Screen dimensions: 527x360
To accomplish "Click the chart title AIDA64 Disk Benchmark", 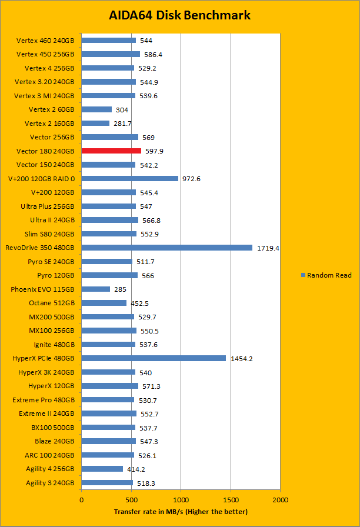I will pyautogui.click(x=179, y=15).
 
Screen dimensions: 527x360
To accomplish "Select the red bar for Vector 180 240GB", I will pyautogui.click(x=111, y=151).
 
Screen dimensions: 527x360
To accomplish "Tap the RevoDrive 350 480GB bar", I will pyautogui.click(x=166, y=248).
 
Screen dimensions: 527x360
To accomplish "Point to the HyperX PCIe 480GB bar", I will pyautogui.click(x=154, y=358).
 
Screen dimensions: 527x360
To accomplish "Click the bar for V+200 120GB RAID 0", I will pyautogui.click(x=129, y=178).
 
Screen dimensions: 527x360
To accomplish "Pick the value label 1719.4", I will pyautogui.click(x=268, y=248).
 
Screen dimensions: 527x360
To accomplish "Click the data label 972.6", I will pyautogui.click(x=192, y=179).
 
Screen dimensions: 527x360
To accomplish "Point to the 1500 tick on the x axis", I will pyautogui.click(x=231, y=499).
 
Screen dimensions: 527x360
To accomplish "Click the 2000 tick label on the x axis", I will pyautogui.click(x=280, y=499).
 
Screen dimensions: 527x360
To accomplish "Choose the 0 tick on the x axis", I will pyautogui.click(x=82, y=499).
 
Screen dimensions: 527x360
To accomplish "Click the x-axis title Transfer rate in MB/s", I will pyautogui.click(x=181, y=512).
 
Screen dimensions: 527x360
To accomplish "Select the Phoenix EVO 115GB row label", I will pyautogui.click(x=42, y=289).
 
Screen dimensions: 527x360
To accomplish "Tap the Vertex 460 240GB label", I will pyautogui.click(x=45, y=41).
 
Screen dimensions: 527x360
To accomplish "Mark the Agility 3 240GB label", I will pyautogui.click(x=50, y=483).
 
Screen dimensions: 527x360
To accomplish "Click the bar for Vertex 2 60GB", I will pyautogui.click(x=96, y=109).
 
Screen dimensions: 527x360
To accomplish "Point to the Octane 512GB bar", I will pyautogui.click(x=104, y=303).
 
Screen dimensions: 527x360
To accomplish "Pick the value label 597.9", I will pyautogui.click(x=154, y=151).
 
